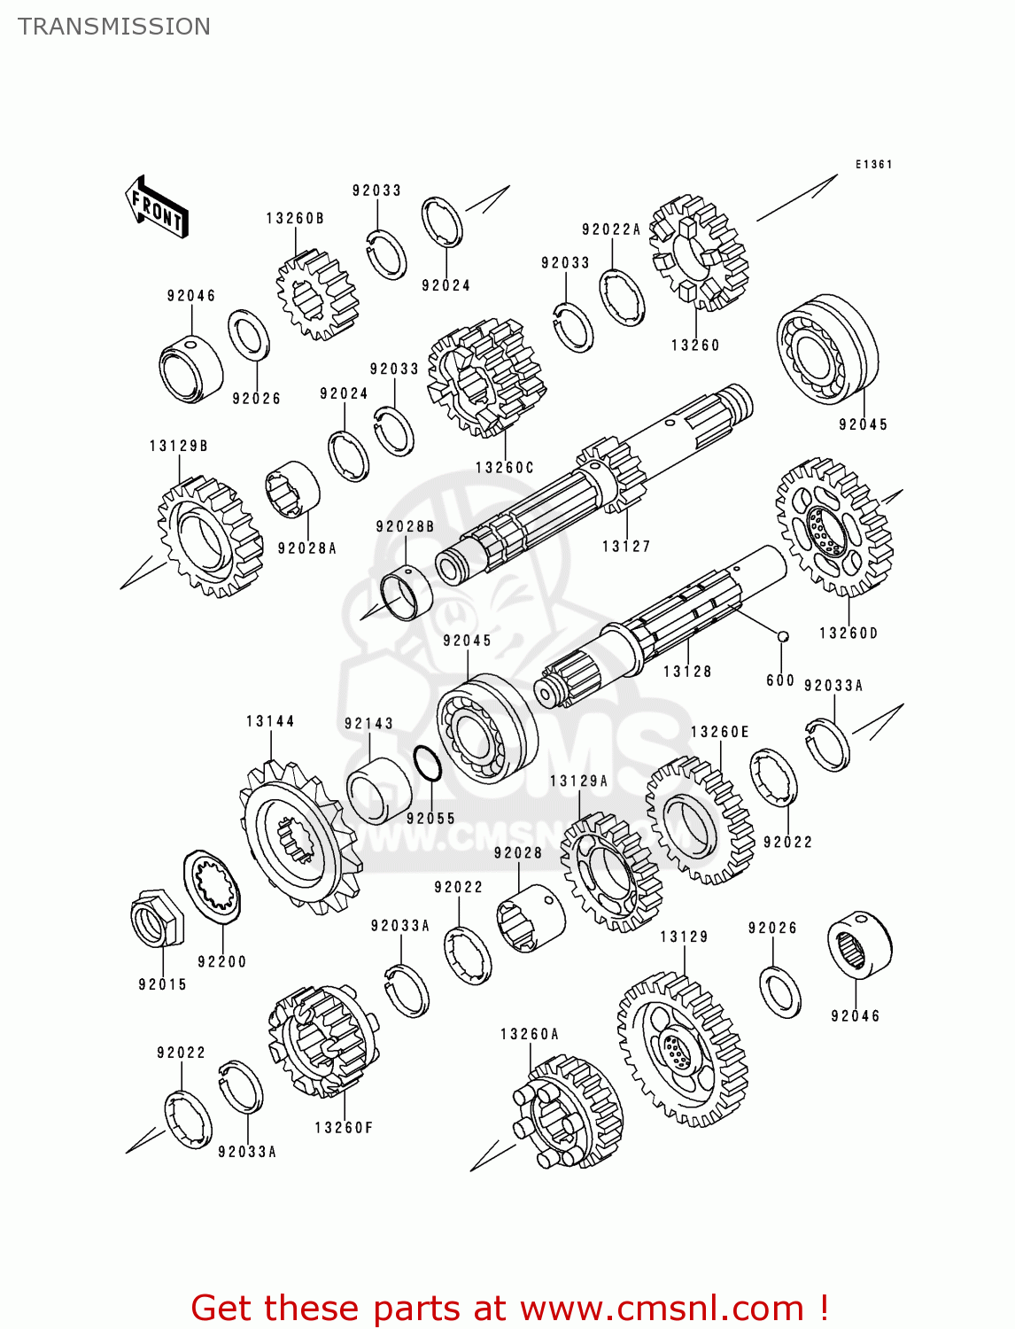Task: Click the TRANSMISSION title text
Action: [x=114, y=27]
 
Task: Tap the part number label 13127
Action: [x=626, y=547]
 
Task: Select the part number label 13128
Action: [x=687, y=672]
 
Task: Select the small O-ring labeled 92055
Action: [x=428, y=764]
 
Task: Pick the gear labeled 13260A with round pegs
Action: [x=568, y=1111]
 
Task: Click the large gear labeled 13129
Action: [x=682, y=1050]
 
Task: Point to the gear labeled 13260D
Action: [x=833, y=527]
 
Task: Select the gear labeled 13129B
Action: [x=209, y=537]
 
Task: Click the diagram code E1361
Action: [x=873, y=165]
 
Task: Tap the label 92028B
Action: [x=405, y=526]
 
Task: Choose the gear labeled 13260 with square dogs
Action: [x=698, y=253]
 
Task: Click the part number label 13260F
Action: [x=344, y=1128]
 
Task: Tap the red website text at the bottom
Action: [x=509, y=1308]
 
